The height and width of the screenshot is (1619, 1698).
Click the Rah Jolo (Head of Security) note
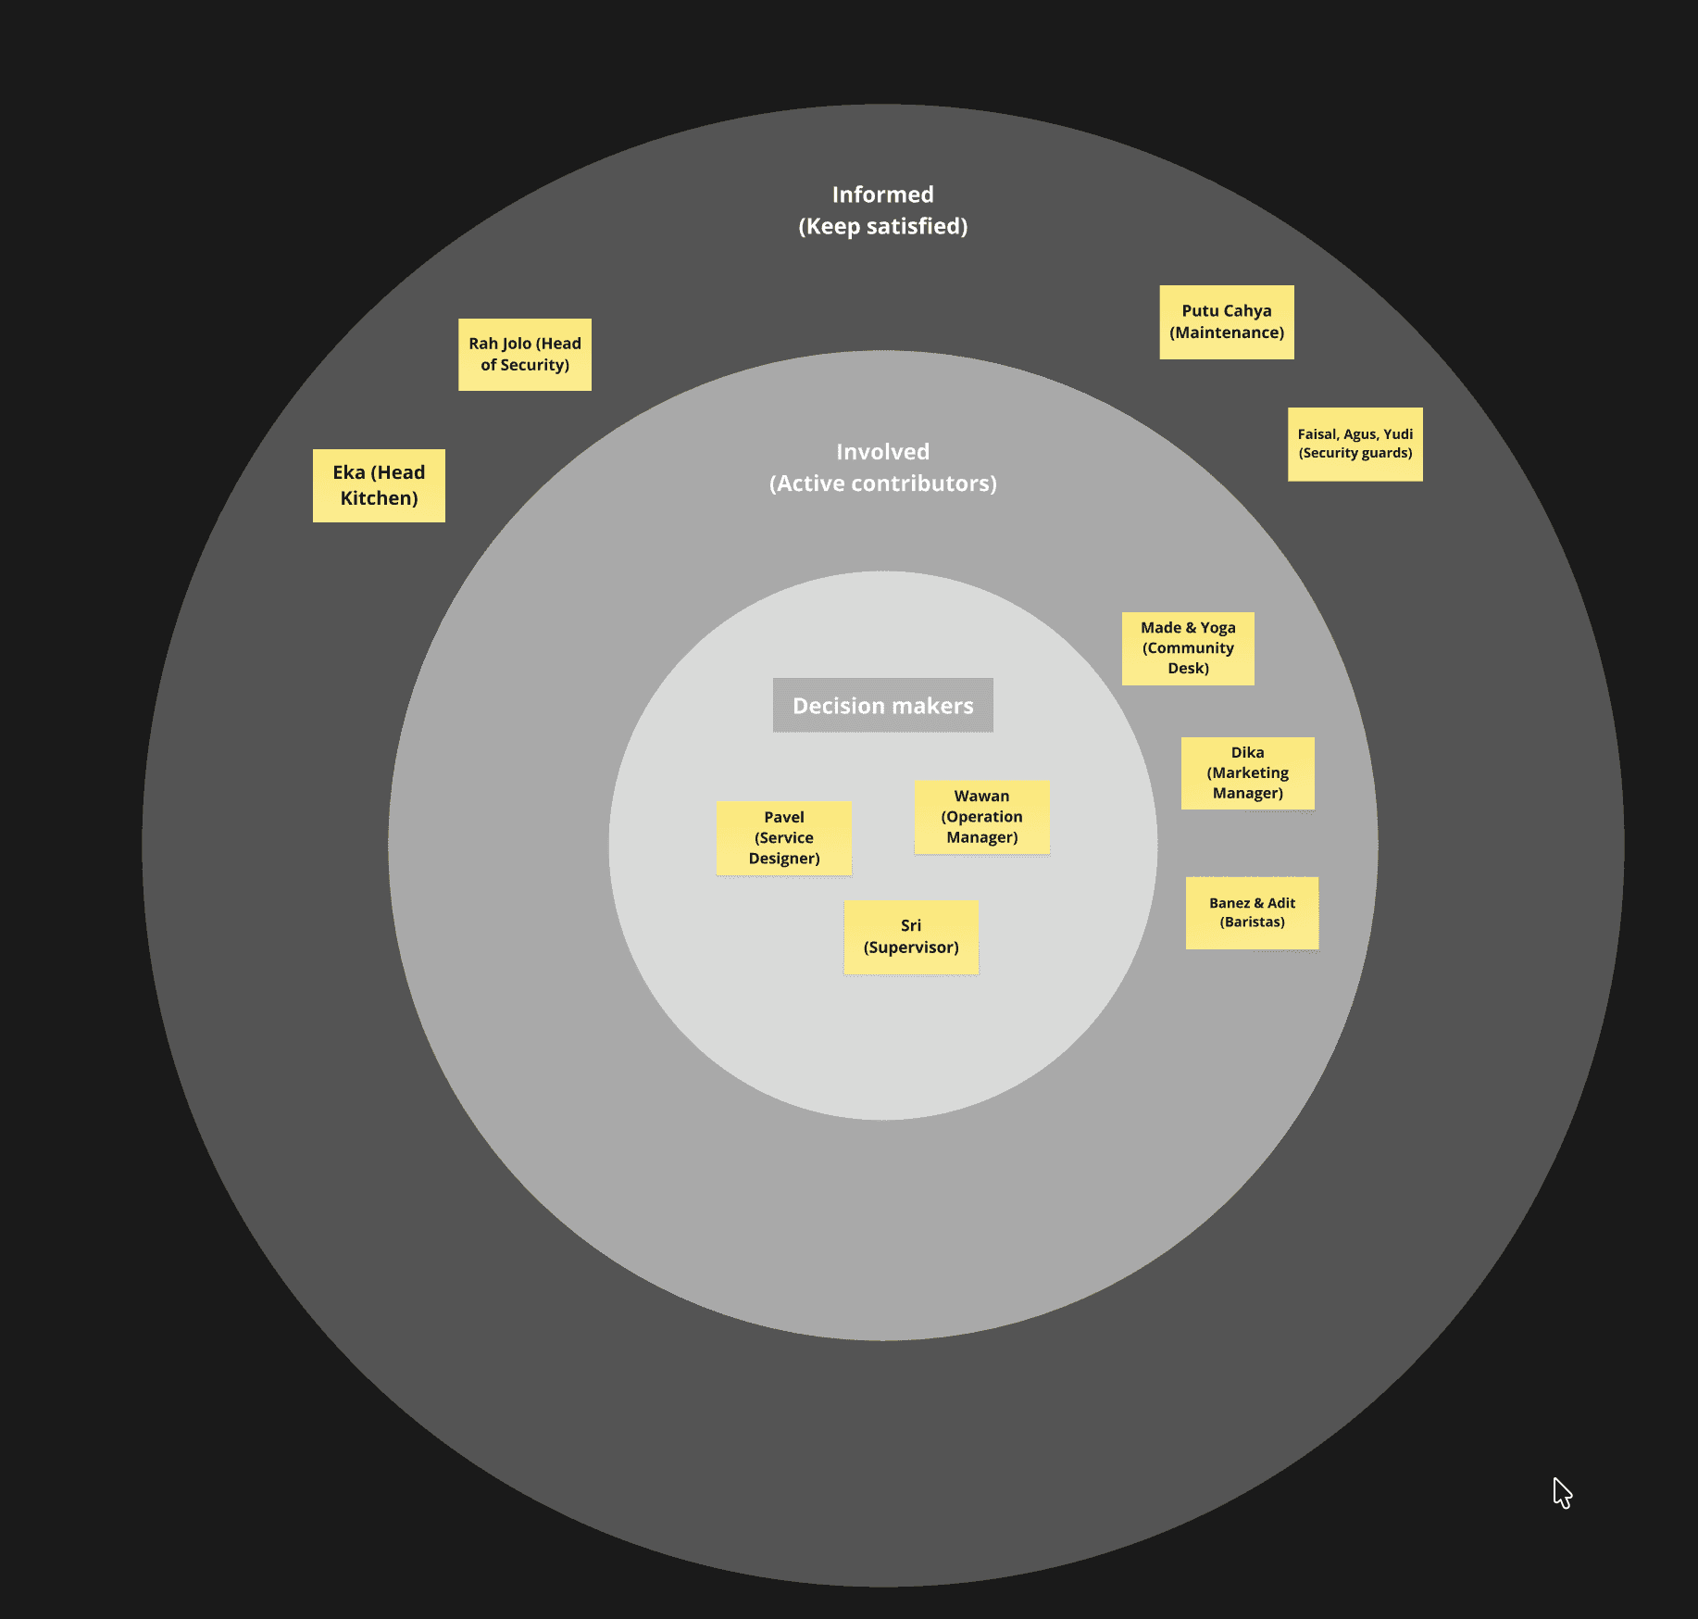525,355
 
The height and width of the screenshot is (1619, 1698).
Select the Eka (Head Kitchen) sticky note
379,485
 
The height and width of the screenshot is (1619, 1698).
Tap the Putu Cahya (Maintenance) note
1227,321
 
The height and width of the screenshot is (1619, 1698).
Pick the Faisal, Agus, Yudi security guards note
1355,444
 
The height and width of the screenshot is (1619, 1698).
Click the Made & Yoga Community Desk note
1188,648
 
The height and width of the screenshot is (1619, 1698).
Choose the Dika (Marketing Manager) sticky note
1247,772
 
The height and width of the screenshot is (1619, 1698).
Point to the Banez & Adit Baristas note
1252,912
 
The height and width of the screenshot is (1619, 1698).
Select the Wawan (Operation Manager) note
981,817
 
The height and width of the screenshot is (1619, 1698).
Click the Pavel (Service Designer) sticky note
783,838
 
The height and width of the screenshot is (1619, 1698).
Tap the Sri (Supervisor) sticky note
911,936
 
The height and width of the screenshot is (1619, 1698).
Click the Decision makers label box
882,706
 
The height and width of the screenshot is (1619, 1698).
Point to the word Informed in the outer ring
882,195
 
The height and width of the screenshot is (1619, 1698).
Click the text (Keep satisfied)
882,227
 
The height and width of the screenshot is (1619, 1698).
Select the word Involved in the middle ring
882,452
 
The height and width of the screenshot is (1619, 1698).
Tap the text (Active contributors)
882,483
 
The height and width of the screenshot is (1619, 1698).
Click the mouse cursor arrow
1561,1491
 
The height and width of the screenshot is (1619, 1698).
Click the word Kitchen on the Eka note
379,499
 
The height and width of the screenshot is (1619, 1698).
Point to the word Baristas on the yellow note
1252,922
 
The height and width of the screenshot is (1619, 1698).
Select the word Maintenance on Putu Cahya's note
1227,333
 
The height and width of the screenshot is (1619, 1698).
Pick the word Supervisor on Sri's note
911,948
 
